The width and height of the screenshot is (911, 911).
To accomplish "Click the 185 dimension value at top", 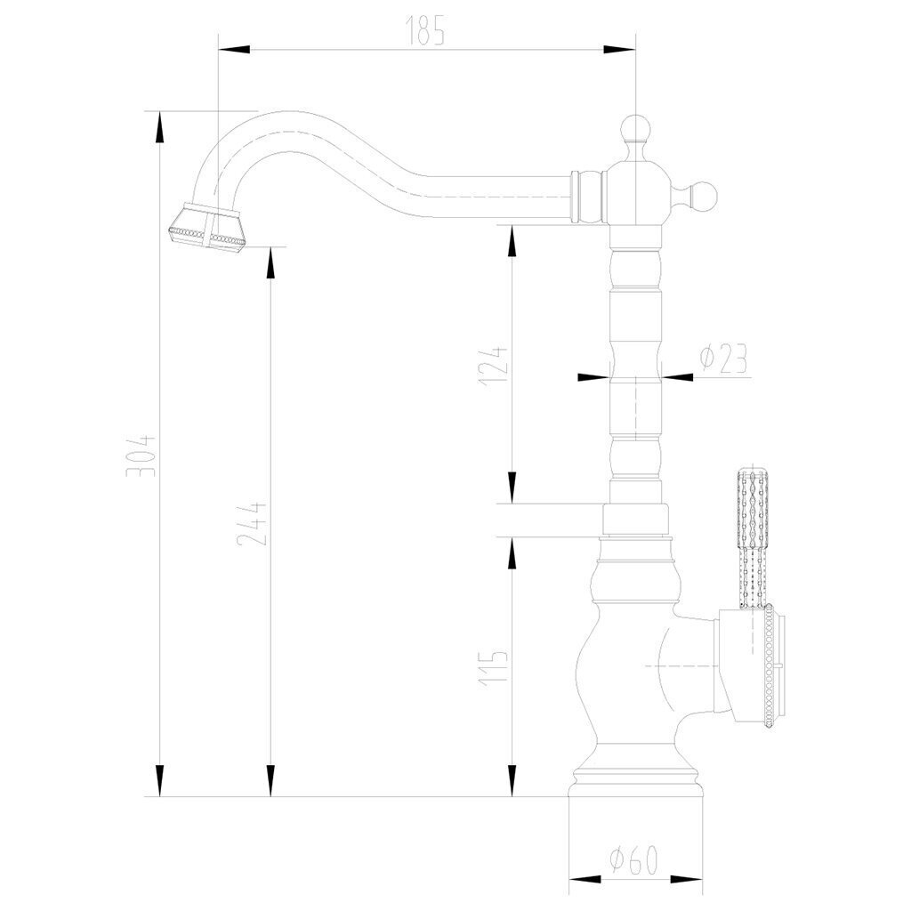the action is point(426,30).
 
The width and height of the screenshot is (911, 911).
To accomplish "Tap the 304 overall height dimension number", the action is point(141,455).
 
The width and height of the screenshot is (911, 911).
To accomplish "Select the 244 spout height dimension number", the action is point(252,523).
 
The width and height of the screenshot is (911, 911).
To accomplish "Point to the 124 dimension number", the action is point(493,366).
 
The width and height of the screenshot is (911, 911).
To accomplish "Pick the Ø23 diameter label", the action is point(723,359).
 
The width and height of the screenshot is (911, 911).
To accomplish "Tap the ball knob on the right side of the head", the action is point(703,197).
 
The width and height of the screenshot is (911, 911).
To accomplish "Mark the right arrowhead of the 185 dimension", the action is point(620,50).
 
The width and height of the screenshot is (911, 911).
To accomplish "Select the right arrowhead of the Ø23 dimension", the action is point(677,377).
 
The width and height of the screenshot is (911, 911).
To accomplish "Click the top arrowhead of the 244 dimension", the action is point(270,263).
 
